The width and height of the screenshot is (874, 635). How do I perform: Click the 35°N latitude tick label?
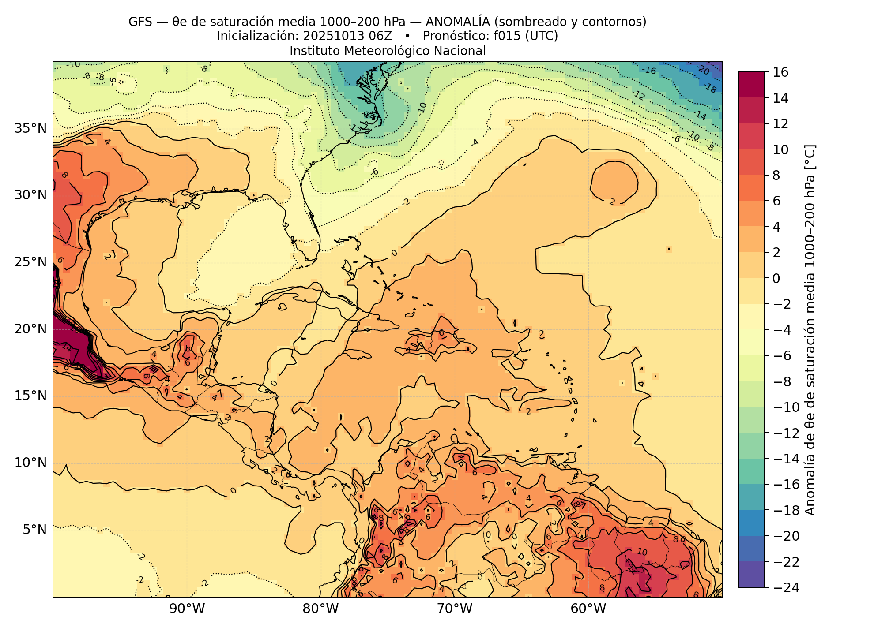click(x=30, y=129)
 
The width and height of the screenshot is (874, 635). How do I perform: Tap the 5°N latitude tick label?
click(x=34, y=529)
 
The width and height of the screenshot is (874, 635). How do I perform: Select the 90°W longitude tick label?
click(x=187, y=609)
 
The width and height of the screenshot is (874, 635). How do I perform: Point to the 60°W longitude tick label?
click(x=588, y=609)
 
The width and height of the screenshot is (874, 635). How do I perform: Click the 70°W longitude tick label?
click(x=455, y=609)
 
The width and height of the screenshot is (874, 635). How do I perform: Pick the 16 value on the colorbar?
click(x=781, y=72)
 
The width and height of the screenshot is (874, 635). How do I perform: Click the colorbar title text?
click(x=810, y=329)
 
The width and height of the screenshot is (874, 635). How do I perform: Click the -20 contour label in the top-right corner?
click(x=703, y=70)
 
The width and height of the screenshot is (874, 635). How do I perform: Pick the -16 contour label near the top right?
click(x=648, y=70)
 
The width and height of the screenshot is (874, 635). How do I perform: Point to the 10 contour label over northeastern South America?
click(x=642, y=552)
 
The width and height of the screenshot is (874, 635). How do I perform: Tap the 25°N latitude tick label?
click(x=30, y=262)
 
